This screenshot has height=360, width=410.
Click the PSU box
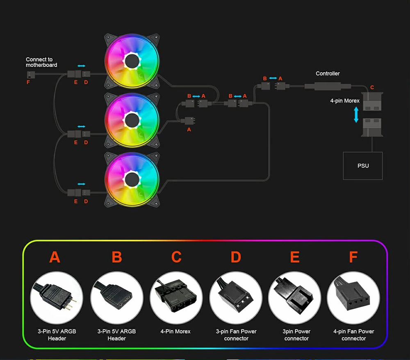point(363,165)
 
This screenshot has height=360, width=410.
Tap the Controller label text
point(328,74)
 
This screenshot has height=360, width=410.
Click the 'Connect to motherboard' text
point(41,62)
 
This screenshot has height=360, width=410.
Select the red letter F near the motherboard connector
point(28,82)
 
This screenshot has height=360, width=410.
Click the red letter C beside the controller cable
point(372,88)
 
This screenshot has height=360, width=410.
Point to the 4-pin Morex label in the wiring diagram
point(345,101)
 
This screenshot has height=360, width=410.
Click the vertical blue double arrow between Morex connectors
point(356,115)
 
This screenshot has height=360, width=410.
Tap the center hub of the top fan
point(132,62)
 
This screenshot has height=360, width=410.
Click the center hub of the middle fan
point(132,120)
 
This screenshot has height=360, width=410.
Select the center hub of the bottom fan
point(132,179)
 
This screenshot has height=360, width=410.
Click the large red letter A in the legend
point(55,257)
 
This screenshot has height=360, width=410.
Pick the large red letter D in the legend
point(236,257)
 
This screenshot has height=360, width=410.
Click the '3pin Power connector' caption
point(296,335)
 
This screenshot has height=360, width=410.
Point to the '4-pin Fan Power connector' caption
point(353,335)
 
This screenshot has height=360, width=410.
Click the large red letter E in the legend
point(295,257)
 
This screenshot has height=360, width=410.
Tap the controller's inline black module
point(328,86)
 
